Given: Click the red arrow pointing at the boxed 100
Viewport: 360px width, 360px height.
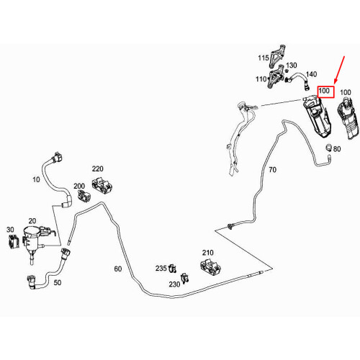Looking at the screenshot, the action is pos(340,70).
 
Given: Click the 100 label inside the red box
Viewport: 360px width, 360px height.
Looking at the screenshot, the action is pos(324,91).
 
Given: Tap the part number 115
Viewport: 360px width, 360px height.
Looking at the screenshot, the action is pos(264,58).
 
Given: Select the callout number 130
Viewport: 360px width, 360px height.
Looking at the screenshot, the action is pos(292,66).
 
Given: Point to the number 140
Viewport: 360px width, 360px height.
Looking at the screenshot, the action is pos(312,74).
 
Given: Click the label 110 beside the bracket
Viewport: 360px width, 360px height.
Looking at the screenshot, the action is pos(261,79).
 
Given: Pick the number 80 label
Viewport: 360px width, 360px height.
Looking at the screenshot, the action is pos(337,149).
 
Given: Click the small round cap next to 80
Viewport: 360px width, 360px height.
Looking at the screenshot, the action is pos(328,147).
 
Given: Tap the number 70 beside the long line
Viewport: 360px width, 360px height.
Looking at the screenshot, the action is pos(272,170).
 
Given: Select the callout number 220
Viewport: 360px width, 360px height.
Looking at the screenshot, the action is pos(98,169).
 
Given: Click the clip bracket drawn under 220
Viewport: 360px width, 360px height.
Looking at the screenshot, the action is pos(102,186).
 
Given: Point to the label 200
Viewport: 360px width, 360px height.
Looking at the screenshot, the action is pos(79,186).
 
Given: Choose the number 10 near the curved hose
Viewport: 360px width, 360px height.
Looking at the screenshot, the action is pos(36,179).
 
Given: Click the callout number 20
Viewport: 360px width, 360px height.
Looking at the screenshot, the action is pos(32,221).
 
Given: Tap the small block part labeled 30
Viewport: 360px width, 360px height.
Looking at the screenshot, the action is pos(14,241).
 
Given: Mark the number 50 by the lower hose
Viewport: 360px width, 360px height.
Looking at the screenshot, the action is pos(57,283).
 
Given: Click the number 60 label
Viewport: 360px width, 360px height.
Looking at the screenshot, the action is pos(117,269).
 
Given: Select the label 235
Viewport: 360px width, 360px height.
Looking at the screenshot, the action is pos(161,269).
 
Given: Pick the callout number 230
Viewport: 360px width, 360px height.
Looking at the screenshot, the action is pos(174,284).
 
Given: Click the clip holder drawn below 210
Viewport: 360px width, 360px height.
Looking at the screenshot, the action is pos(210,266).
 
